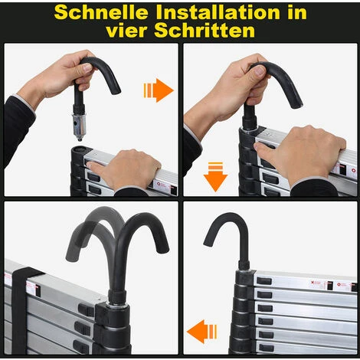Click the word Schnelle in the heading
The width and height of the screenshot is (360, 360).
(x=101, y=12)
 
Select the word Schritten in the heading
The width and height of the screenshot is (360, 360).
(x=205, y=31)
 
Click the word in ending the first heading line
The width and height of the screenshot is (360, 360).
(x=297, y=12)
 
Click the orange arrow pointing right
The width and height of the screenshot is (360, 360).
(x=159, y=90)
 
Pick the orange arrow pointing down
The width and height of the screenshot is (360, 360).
(x=215, y=177)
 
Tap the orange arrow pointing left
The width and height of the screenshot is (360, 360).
(x=202, y=332)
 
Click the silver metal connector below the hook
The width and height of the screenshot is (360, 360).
(x=79, y=126)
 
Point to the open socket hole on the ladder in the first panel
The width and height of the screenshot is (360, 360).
(x=79, y=149)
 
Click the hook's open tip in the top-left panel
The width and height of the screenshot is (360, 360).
(x=116, y=90)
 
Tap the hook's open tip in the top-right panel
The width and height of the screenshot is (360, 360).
(x=298, y=105)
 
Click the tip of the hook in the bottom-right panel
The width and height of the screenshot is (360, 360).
(x=208, y=244)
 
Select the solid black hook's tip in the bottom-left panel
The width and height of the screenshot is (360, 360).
(x=163, y=249)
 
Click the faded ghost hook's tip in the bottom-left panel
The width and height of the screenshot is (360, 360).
(x=71, y=257)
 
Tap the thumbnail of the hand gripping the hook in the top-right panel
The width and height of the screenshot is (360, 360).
(x=259, y=70)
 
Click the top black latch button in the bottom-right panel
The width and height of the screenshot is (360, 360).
(x=264, y=280)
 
